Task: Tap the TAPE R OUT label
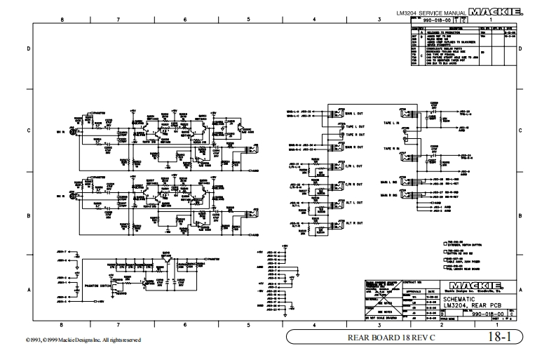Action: coord(354,135)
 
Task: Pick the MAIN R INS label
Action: coord(389,193)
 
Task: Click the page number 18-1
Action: coord(502,337)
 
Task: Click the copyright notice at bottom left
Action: coord(71,340)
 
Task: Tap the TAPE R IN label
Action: coord(391,149)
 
